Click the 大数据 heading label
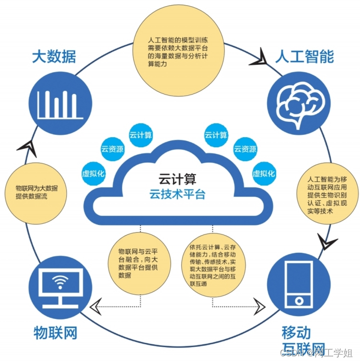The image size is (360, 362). [54, 57]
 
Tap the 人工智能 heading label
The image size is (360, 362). [304, 57]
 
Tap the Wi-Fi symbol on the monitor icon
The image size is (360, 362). [60, 283]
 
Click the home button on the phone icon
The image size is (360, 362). [299, 301]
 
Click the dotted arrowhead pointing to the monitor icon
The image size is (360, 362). [97, 304]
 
